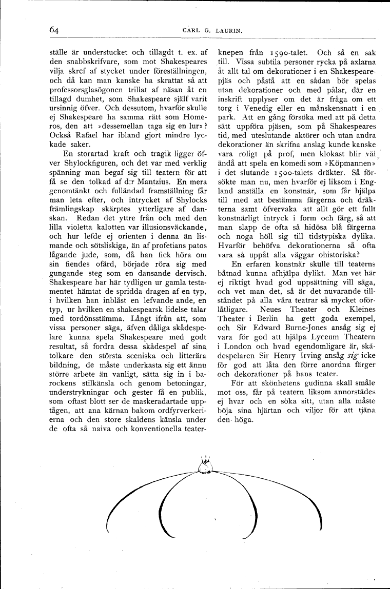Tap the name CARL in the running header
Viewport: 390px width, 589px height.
192,31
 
